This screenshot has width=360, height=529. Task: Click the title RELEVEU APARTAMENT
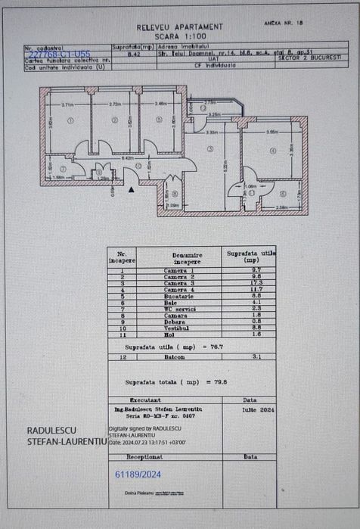179,26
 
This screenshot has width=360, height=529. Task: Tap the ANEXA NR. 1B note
284,23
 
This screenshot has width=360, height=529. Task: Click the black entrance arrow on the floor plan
132,190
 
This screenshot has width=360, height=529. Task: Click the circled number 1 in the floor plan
70,120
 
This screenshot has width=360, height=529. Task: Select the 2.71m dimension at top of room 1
67,104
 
